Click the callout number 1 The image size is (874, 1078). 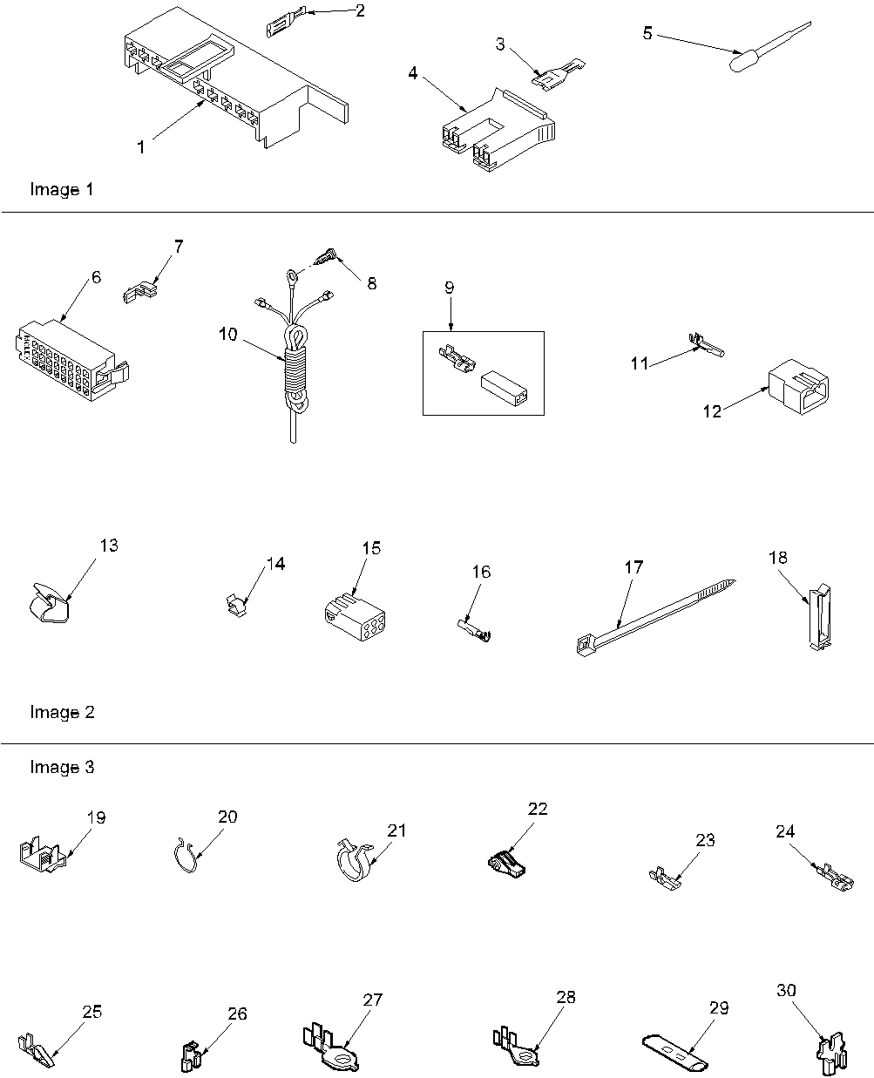(x=141, y=147)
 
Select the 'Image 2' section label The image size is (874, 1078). (x=62, y=712)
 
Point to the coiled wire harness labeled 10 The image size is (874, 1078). (x=295, y=366)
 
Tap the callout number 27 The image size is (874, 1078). (x=373, y=1000)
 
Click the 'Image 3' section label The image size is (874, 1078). (x=62, y=767)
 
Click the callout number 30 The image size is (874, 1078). (x=786, y=991)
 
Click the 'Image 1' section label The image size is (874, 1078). (x=62, y=189)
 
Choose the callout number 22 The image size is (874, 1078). (x=538, y=808)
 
